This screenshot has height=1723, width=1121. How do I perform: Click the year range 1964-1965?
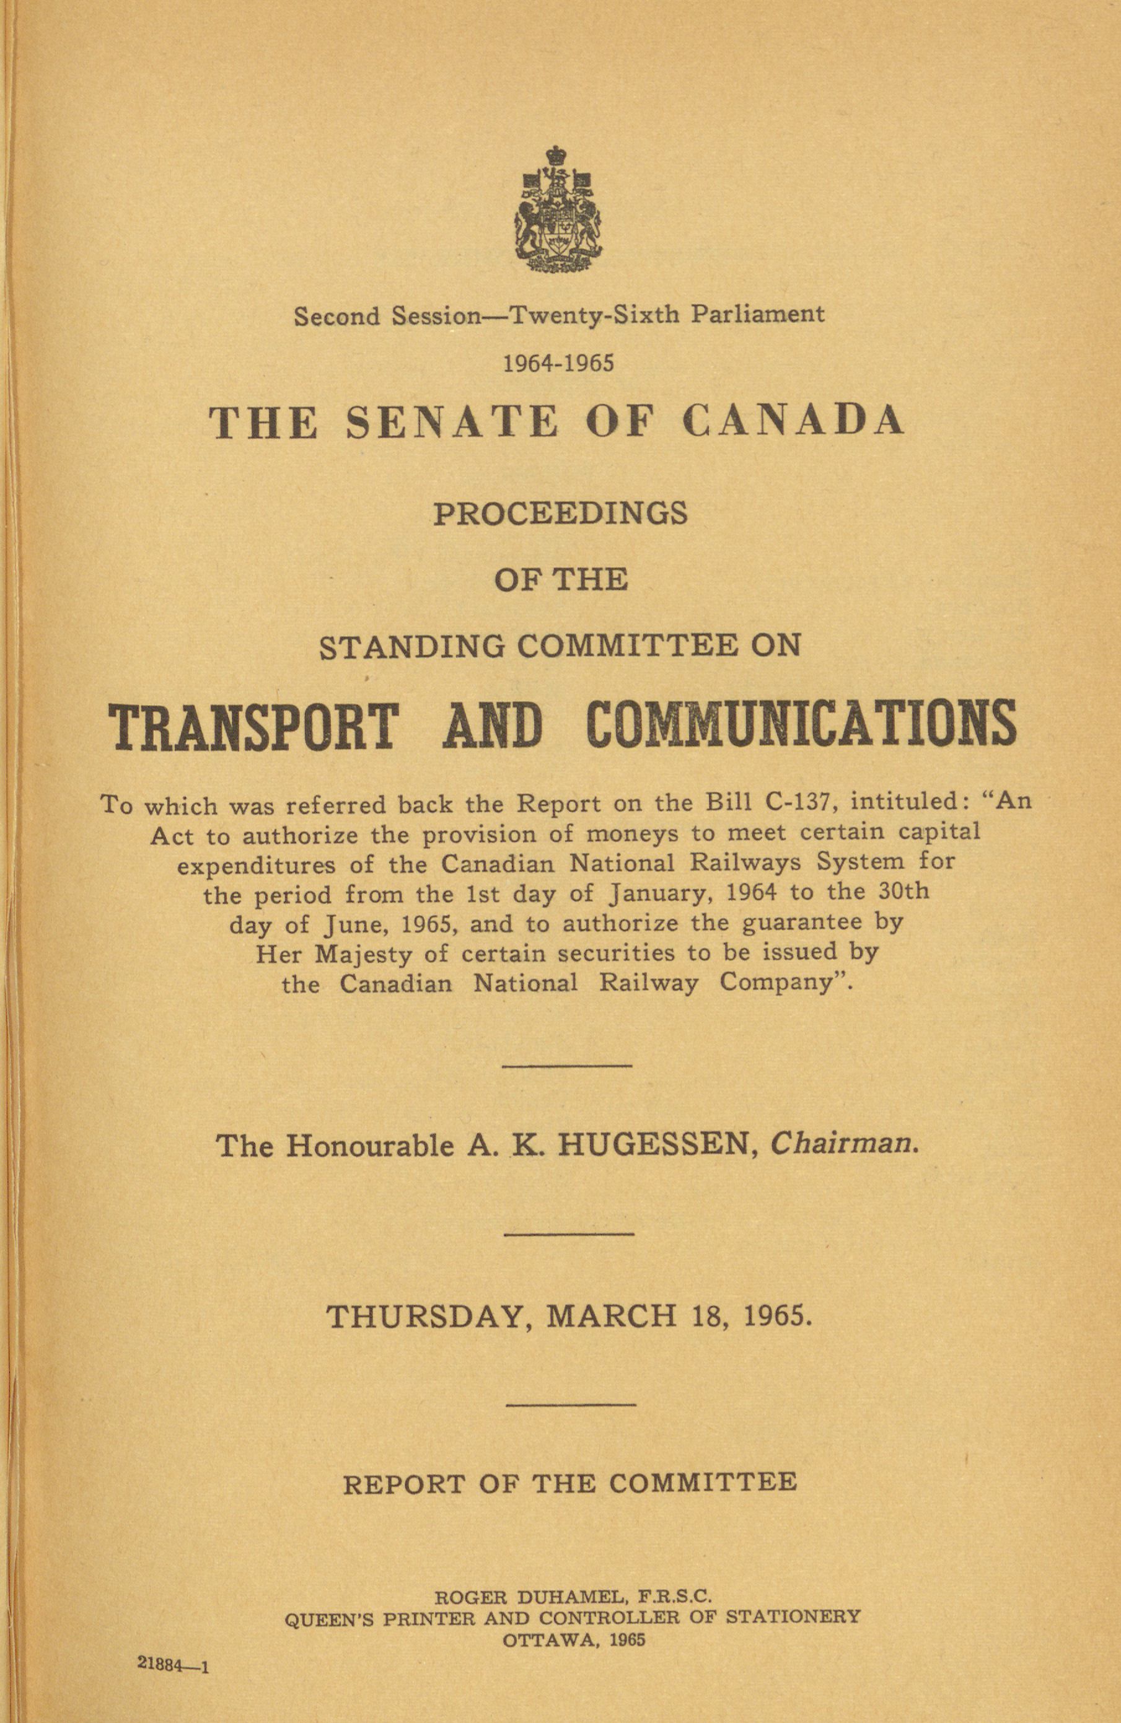[559, 362]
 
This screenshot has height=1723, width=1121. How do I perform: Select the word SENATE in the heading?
[452, 422]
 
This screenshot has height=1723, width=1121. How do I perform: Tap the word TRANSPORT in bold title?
[253, 725]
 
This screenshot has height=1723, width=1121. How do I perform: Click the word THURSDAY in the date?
[424, 1315]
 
